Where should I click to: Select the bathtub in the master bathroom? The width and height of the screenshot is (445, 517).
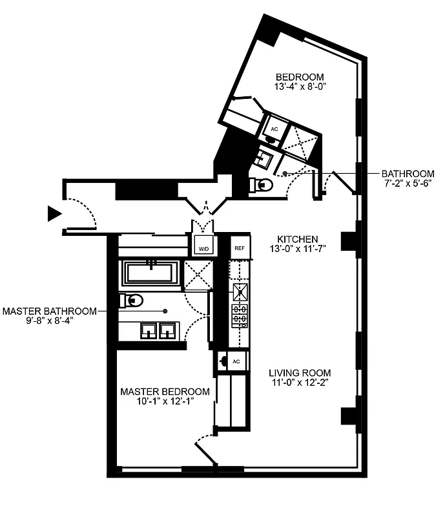152,272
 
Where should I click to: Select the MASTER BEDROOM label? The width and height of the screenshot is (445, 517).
165,392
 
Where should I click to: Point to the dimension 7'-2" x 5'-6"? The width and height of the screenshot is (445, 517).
407,184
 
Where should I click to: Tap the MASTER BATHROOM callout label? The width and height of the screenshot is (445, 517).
49,311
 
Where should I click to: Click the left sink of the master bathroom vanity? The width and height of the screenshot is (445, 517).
148,332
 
